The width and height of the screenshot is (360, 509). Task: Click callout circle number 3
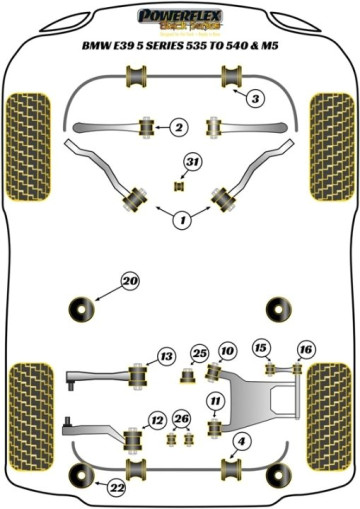point(255,99)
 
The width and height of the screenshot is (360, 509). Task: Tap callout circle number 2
point(177,128)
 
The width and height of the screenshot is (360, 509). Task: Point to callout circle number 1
point(182,219)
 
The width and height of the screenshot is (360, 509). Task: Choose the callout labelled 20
point(129,281)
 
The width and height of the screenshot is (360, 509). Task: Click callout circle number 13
point(166,356)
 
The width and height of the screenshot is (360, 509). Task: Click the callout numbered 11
point(215,400)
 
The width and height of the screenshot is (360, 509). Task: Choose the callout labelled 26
point(181,418)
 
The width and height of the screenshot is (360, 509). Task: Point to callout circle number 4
point(241,441)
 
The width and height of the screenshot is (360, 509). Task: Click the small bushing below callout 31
point(179,186)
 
